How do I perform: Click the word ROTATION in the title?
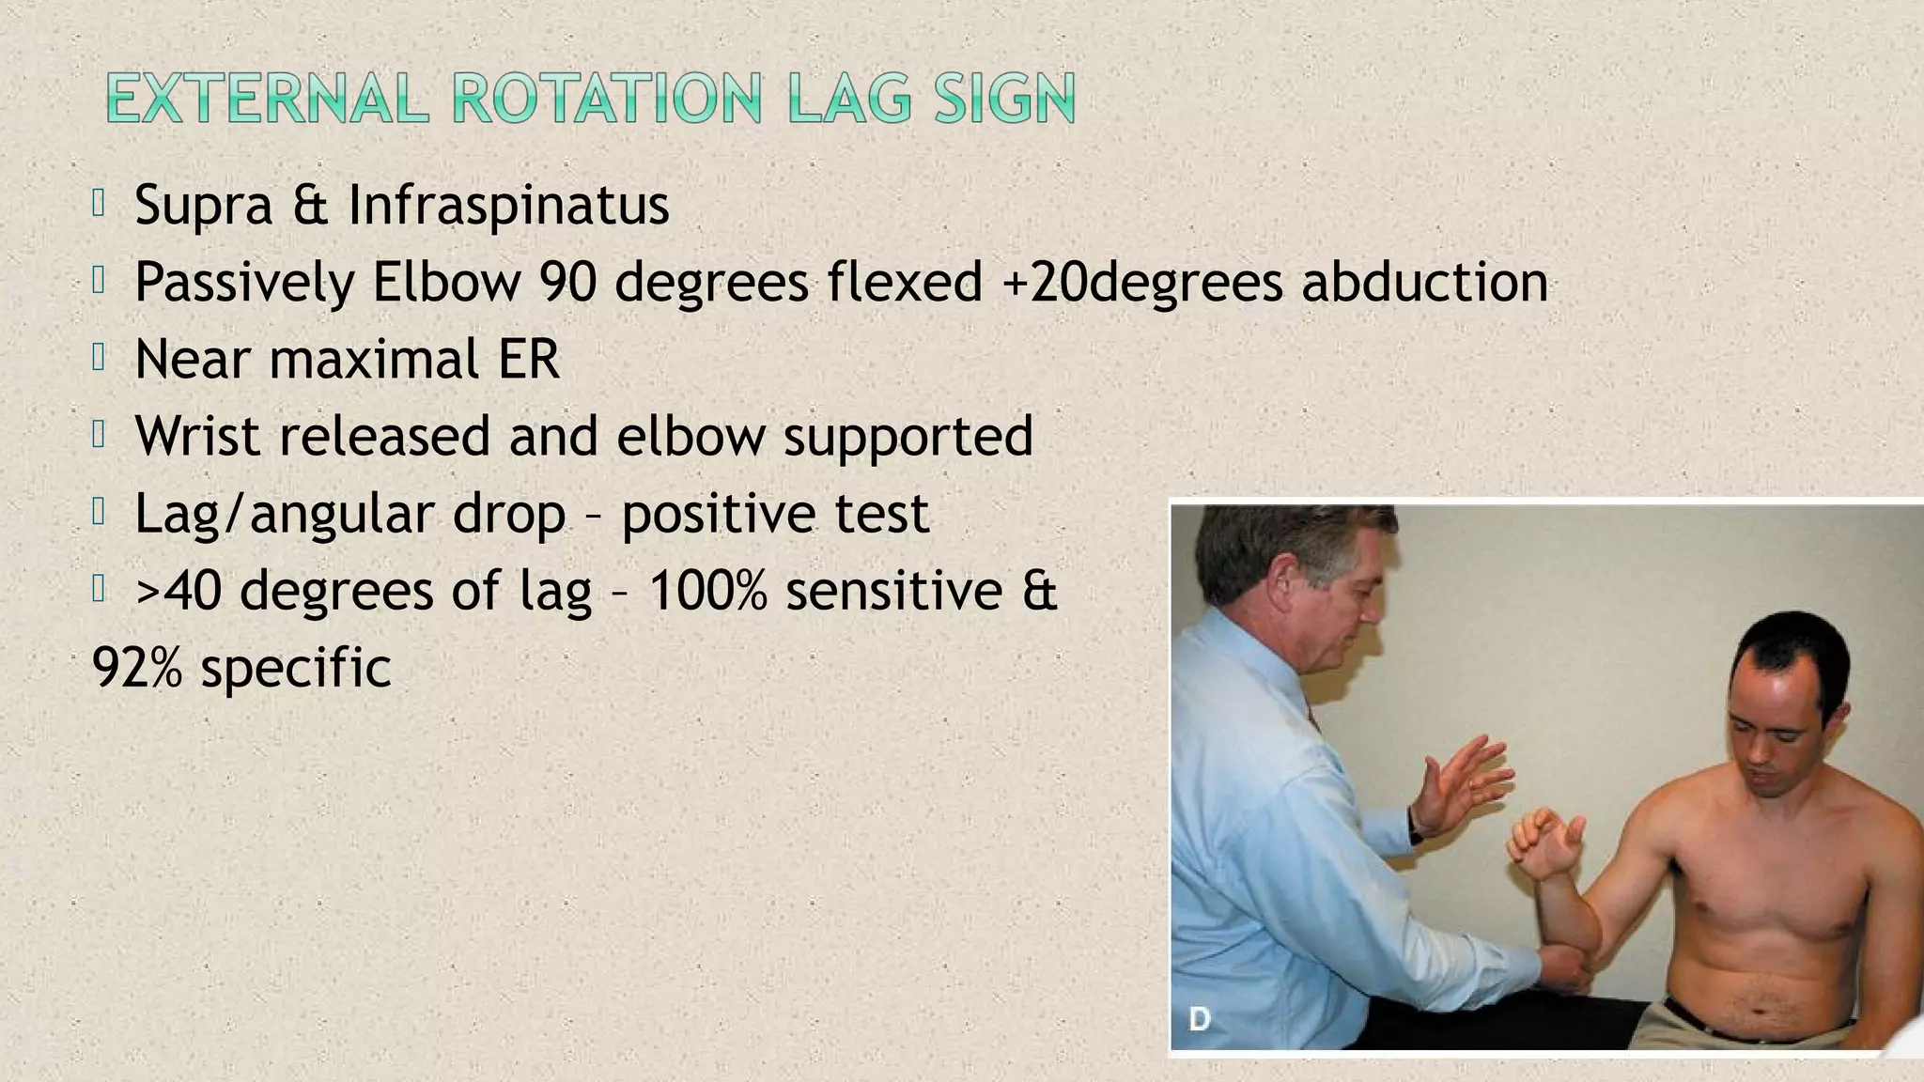606,99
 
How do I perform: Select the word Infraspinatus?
508,205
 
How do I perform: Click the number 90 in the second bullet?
567,282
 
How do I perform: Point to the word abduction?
1424,282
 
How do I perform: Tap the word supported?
908,438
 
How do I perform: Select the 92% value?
136,669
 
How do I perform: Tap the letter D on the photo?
1200,1018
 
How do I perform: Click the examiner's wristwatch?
1415,827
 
